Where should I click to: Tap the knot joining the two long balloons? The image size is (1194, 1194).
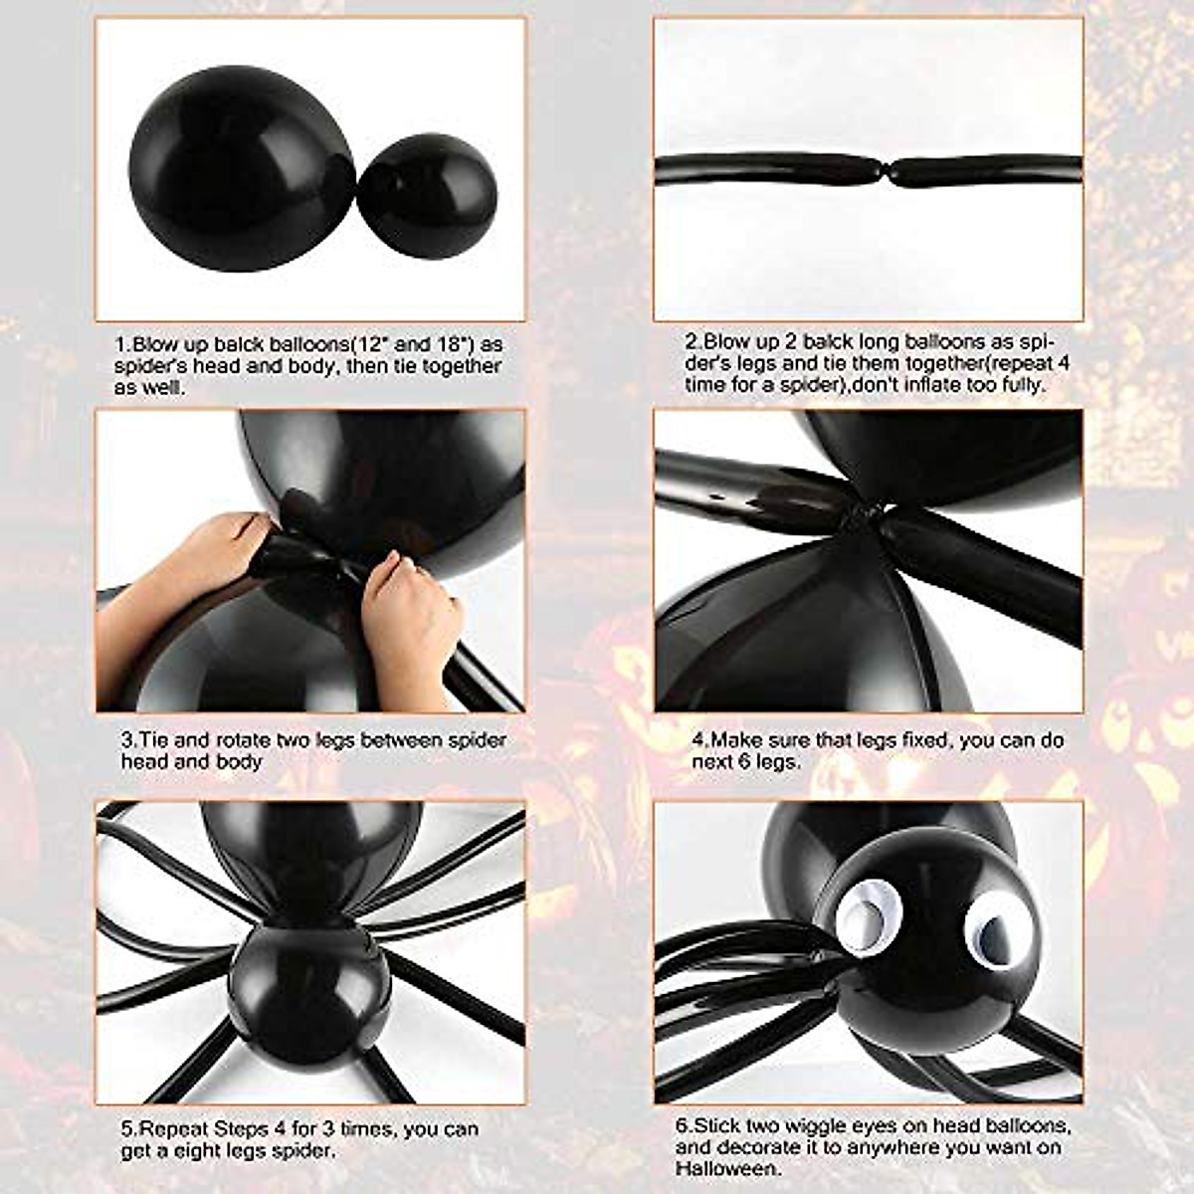[x=889, y=170]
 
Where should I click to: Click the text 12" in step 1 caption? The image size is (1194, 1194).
[x=381, y=345]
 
